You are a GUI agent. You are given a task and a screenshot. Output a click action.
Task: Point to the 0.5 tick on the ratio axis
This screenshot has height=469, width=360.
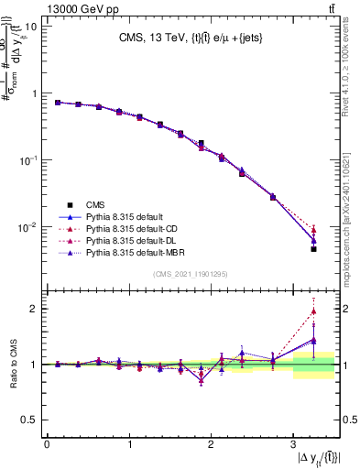point(30,420)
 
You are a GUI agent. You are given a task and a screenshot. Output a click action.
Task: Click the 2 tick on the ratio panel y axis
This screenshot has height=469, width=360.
point(35,309)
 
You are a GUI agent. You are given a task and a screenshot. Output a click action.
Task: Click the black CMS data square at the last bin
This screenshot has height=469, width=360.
point(313,248)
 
